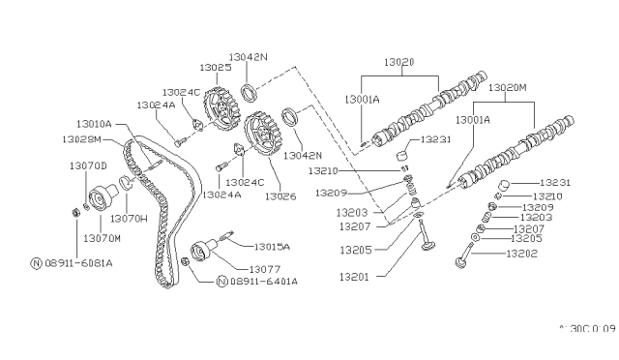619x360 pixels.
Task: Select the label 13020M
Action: pos(510,87)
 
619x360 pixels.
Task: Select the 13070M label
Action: pos(103,237)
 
